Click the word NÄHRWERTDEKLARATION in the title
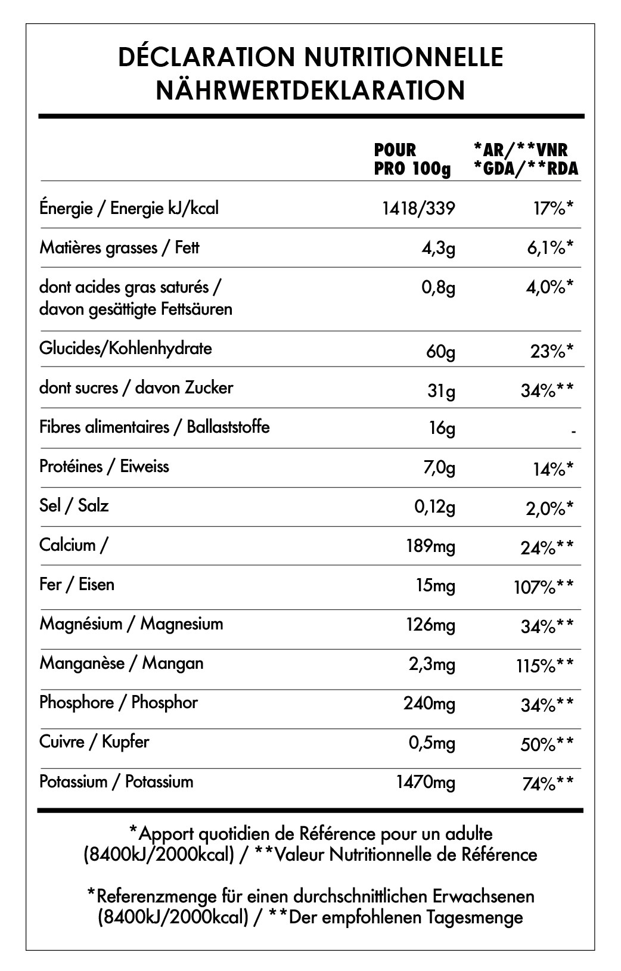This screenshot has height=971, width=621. (x=310, y=90)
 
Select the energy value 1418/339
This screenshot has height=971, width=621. (x=418, y=208)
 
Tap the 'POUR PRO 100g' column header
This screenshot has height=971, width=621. (x=412, y=159)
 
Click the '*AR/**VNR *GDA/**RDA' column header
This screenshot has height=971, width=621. (x=525, y=159)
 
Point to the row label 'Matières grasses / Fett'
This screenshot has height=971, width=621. (x=119, y=247)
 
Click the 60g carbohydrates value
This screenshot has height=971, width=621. (x=440, y=351)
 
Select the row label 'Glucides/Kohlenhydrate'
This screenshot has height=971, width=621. (x=125, y=348)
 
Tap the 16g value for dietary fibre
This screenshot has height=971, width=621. (x=442, y=428)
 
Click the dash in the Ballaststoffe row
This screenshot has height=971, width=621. (x=573, y=430)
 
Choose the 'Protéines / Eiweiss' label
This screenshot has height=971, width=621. (x=104, y=466)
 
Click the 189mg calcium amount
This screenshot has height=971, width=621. (x=430, y=546)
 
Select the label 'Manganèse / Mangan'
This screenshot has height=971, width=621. (x=122, y=663)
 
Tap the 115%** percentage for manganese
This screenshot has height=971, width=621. (x=545, y=666)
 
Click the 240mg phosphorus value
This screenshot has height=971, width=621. (x=429, y=704)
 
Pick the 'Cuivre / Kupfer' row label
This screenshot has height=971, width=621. (x=94, y=742)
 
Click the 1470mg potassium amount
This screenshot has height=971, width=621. (x=426, y=782)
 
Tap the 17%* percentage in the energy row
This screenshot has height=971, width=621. (x=552, y=209)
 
